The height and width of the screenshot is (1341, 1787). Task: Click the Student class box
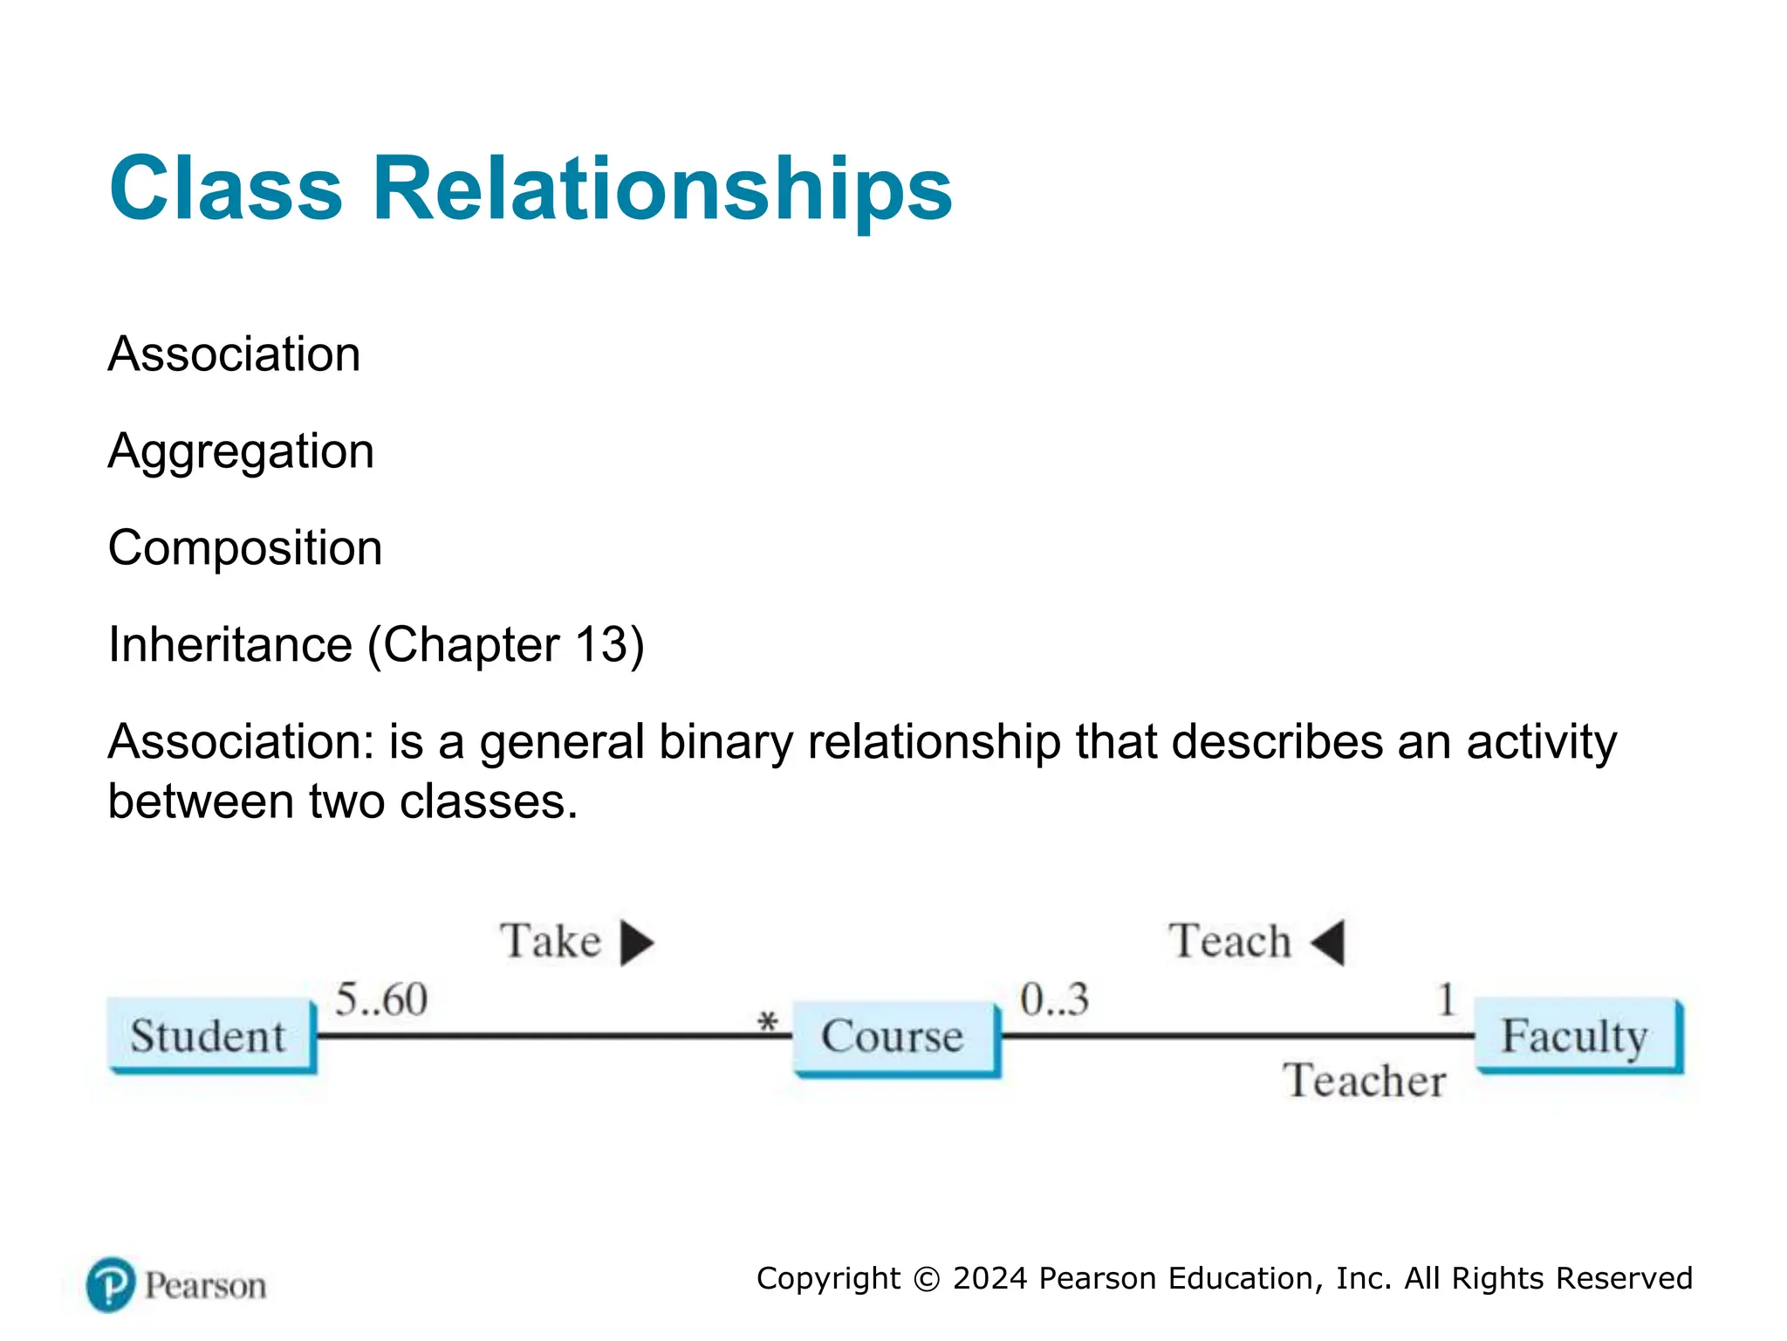point(209,1035)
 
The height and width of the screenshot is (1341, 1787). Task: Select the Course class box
point(893,1037)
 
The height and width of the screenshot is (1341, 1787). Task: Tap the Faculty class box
point(1576,1035)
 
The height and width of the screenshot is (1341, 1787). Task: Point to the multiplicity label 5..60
point(381,999)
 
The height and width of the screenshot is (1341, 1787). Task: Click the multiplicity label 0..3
point(1054,999)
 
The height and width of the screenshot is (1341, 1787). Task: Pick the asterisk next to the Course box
point(767,1021)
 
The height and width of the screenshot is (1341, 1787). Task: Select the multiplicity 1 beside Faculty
point(1446,999)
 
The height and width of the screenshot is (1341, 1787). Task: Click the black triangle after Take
point(636,942)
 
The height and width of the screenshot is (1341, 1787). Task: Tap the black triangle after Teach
point(1329,942)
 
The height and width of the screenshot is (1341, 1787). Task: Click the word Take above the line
point(551,941)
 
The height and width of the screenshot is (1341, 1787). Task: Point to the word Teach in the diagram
point(1229,941)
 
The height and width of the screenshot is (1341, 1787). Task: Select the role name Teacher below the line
point(1364,1081)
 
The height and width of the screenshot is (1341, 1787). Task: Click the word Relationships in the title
point(662,189)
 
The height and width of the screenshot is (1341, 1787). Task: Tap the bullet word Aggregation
point(241,451)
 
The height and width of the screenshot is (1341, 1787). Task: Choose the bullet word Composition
point(245,548)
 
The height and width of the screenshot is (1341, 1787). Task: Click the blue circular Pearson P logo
point(111,1284)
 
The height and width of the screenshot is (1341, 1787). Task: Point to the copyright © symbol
point(926,1279)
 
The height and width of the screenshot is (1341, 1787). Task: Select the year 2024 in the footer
point(990,1278)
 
